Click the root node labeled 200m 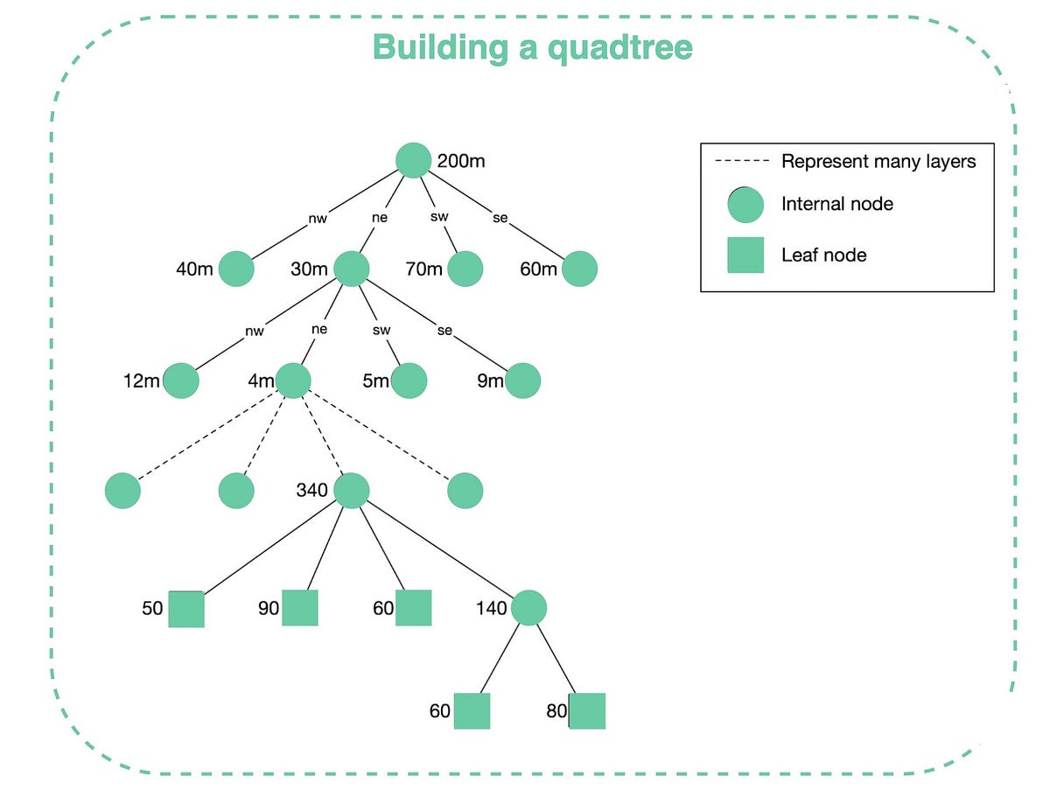coord(413,159)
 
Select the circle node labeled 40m coord(236,269)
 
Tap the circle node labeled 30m coord(351,269)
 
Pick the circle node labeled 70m coord(465,269)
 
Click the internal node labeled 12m coord(181,381)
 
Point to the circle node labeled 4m coord(294,381)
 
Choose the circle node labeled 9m coord(523,381)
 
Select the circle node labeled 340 coord(352,491)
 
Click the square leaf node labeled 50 coord(186,609)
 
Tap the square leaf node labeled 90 coord(300,608)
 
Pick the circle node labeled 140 coord(528,607)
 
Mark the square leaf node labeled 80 coord(587,711)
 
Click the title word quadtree coord(620,47)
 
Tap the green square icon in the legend coord(745,255)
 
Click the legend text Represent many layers coord(878,161)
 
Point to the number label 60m coord(538,269)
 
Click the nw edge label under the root coord(318,220)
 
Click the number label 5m coord(375,381)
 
